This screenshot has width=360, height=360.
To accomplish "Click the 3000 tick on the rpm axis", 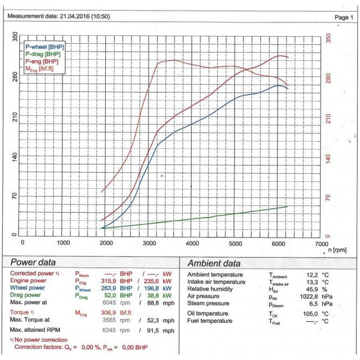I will click(x=149, y=243).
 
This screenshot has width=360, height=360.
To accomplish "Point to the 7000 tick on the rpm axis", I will click(x=321, y=243).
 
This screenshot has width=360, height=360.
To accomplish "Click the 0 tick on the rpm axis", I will click(x=22, y=243).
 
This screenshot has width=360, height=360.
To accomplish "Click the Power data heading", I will click(x=34, y=262).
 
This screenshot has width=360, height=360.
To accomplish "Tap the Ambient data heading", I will click(x=214, y=263).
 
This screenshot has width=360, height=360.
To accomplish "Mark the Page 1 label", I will click(x=342, y=17).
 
